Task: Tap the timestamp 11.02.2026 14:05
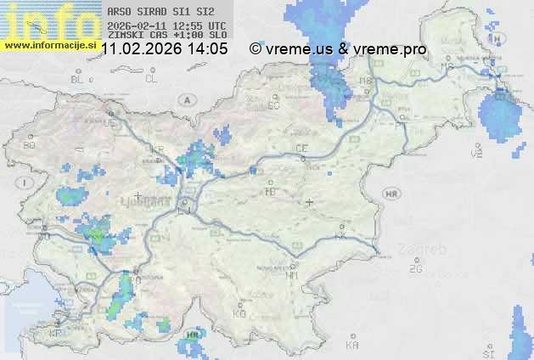click(164, 49)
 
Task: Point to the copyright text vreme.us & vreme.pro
click(339, 49)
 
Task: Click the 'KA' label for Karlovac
click(352, 345)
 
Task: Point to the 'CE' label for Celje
click(301, 149)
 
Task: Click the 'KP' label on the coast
click(56, 334)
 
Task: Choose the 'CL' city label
click(152, 79)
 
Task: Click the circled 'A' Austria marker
click(184, 99)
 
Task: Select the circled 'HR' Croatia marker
click(391, 194)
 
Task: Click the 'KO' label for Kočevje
click(239, 313)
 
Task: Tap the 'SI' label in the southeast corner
click(487, 352)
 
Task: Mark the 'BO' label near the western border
click(30, 145)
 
